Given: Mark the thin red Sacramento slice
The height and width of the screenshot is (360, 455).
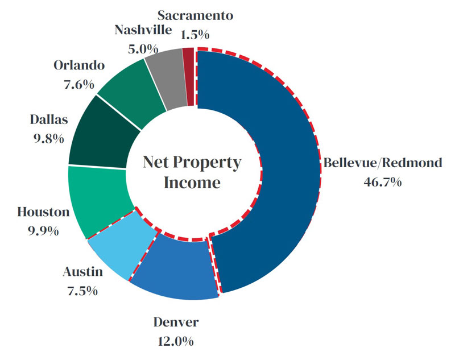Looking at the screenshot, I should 189,77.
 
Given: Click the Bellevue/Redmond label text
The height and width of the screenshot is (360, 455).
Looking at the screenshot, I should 382,164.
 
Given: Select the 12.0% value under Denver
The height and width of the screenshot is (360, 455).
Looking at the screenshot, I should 176,341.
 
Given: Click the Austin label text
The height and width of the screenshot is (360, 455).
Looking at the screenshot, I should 82,272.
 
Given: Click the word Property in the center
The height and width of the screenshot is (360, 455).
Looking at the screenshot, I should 208,163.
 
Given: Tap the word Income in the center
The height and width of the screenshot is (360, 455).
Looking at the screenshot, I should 191,183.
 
